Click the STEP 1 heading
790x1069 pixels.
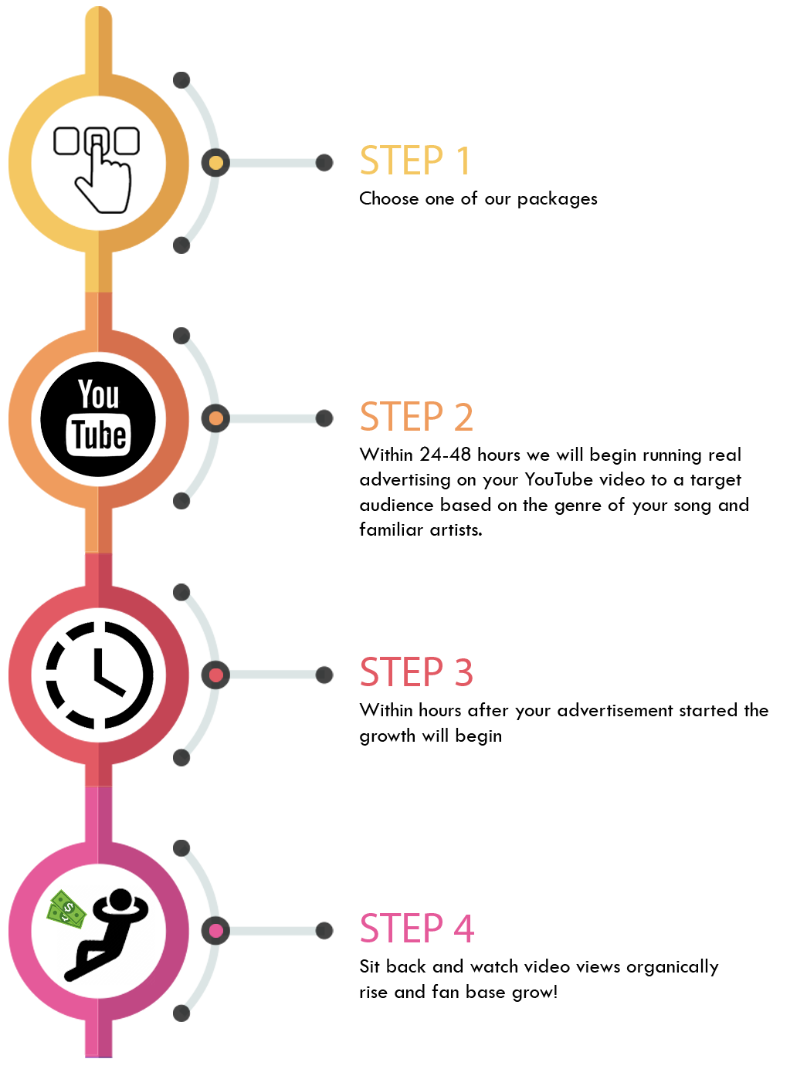point(414,161)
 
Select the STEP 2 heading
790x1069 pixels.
point(415,417)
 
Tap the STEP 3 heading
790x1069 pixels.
point(415,672)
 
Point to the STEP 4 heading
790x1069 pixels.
point(416,928)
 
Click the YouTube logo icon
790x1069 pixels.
point(98,419)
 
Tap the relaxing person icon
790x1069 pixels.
point(108,936)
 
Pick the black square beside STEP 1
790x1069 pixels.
point(97,170)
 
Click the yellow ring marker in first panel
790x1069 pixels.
point(215,163)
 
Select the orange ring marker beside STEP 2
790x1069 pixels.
point(215,418)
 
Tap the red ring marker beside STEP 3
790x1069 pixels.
point(215,675)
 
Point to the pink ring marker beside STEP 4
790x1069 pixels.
point(215,930)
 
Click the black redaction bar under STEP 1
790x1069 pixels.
point(478,200)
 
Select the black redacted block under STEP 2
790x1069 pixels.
point(553,491)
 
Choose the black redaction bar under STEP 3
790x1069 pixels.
point(564,724)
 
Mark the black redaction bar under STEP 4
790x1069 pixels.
point(539,980)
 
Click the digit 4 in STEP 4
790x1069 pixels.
point(463,928)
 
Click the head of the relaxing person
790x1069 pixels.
point(120,900)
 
